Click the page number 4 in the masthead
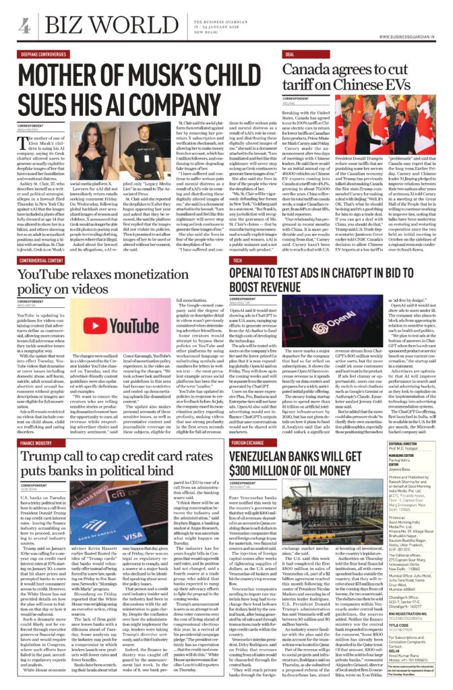[24, 26]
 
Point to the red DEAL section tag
[290, 55]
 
